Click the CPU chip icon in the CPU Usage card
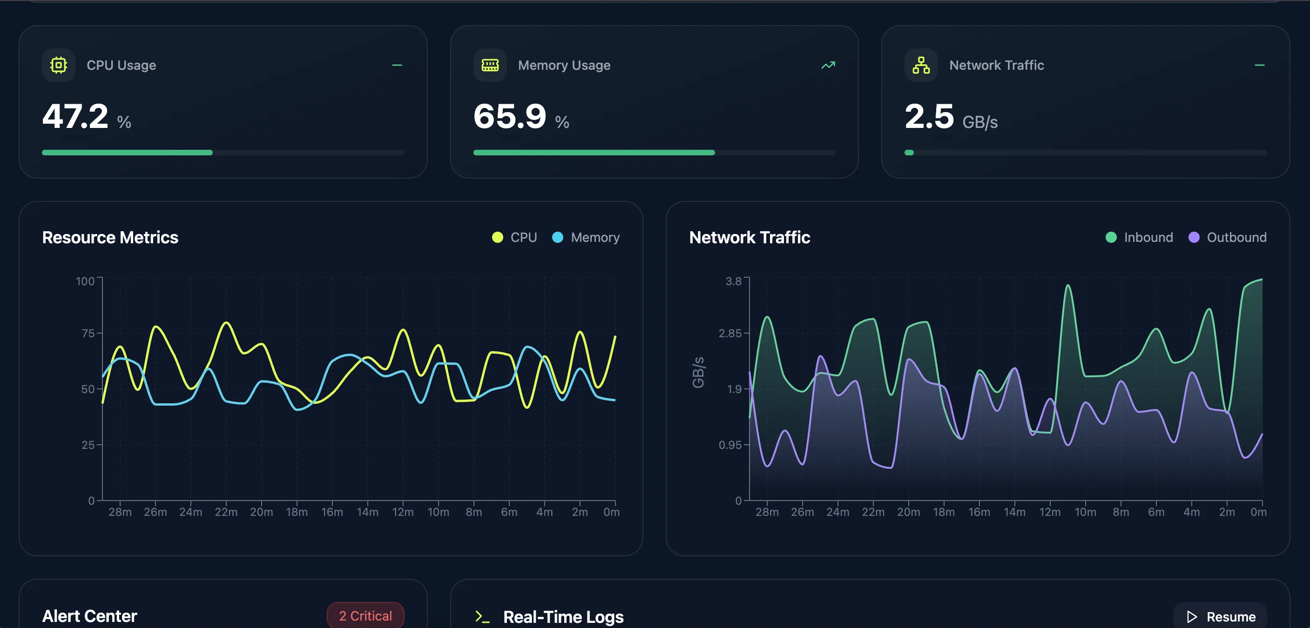pyautogui.click(x=59, y=65)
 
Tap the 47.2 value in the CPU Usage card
pyautogui.click(x=75, y=116)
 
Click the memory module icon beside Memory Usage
pyautogui.click(x=490, y=65)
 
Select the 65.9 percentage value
pyautogui.click(x=510, y=116)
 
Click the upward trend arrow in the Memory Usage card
pyautogui.click(x=828, y=65)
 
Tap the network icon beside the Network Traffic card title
pyautogui.click(x=921, y=65)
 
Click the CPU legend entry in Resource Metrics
pyautogui.click(x=515, y=237)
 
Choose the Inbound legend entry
pyautogui.click(x=1139, y=237)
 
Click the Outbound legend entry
pyautogui.click(x=1227, y=237)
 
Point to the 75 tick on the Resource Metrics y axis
pyautogui.click(x=88, y=334)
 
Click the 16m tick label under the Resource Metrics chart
pyautogui.click(x=331, y=512)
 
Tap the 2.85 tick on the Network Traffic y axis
pyautogui.click(x=730, y=334)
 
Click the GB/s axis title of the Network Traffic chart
pyautogui.click(x=698, y=372)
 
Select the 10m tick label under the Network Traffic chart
pyautogui.click(x=1085, y=512)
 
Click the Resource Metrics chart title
pyautogui.click(x=110, y=237)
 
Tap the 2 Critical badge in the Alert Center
pyautogui.click(x=365, y=616)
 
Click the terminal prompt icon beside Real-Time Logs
pyautogui.click(x=481, y=617)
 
